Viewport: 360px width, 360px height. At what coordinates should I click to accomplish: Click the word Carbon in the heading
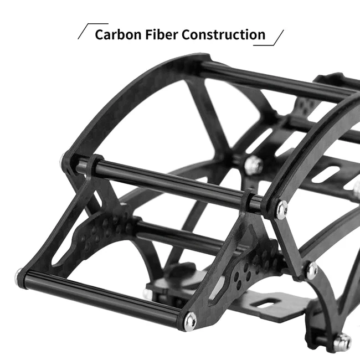(x=116, y=34)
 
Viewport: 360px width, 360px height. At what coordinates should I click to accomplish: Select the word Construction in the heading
(x=224, y=34)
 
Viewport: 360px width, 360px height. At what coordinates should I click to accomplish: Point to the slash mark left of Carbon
(x=85, y=32)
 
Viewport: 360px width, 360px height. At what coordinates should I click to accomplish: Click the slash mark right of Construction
(x=275, y=38)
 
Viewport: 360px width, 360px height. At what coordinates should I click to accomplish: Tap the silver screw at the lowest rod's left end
(x=19, y=275)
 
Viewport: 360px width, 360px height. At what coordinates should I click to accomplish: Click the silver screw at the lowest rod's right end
(x=190, y=320)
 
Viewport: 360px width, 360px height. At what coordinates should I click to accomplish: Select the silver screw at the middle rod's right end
(x=281, y=209)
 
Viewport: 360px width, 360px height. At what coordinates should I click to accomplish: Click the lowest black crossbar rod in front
(x=102, y=297)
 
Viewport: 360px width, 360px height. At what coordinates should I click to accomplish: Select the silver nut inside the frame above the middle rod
(x=253, y=164)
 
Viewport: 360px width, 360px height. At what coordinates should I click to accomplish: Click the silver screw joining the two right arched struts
(x=312, y=270)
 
